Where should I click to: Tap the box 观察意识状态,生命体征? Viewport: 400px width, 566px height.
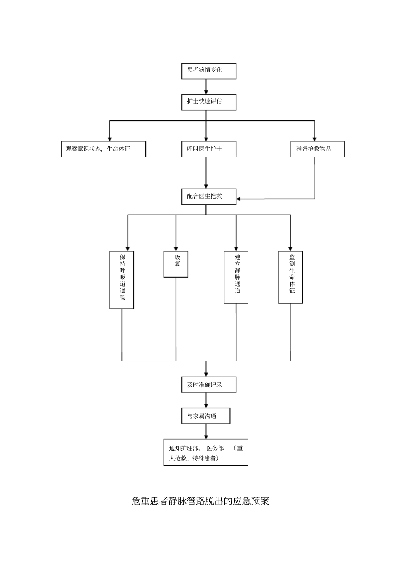(104, 149)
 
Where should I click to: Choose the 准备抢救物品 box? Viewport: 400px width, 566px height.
(317, 149)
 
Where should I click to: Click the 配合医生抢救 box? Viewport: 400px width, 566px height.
(208, 196)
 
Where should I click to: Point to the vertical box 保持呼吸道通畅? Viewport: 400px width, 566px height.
(122, 280)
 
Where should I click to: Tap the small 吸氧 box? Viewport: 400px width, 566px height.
(176, 264)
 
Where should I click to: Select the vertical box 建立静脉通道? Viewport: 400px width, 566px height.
(236, 277)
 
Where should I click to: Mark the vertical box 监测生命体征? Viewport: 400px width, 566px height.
(290, 277)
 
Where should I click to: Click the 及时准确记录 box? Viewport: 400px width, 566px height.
(208, 385)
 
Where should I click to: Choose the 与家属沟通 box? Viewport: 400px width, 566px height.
(206, 416)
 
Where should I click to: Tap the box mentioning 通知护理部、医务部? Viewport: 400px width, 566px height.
(206, 453)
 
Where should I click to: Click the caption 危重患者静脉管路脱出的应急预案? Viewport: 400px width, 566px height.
(200, 501)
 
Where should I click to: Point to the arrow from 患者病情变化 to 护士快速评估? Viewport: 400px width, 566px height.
(206, 86)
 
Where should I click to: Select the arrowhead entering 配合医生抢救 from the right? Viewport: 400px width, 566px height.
(239, 199)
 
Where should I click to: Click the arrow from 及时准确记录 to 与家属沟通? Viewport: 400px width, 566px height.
(206, 400)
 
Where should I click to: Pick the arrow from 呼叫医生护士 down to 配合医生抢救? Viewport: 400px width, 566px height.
(206, 173)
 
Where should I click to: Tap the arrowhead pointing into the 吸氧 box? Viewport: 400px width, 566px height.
(176, 248)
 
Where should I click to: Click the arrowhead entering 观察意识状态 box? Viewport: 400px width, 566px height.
(110, 138)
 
